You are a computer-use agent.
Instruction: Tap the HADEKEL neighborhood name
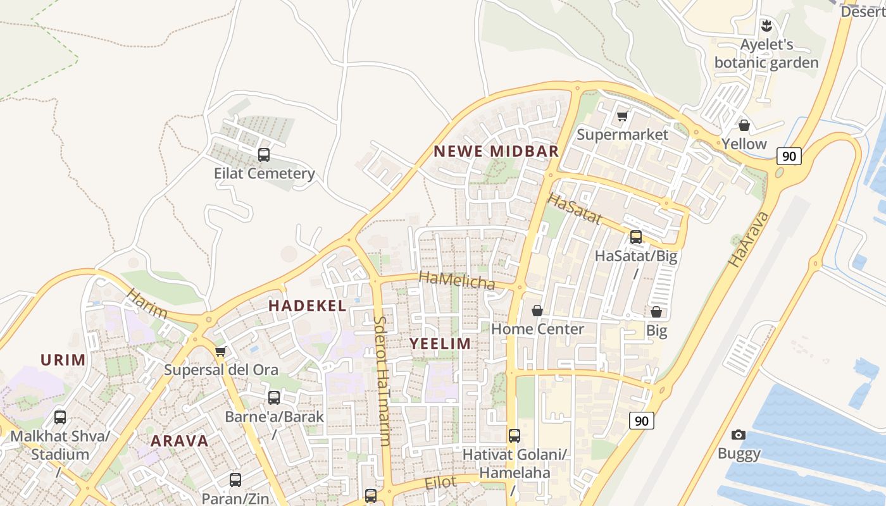click(x=308, y=305)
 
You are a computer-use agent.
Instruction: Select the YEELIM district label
click(x=440, y=343)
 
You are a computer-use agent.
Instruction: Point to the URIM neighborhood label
click(x=63, y=360)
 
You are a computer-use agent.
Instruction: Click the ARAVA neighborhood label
click(x=180, y=441)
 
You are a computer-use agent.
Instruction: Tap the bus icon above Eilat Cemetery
click(x=264, y=154)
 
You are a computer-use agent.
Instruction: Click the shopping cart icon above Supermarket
click(x=622, y=116)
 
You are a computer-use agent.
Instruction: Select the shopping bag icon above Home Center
click(x=537, y=311)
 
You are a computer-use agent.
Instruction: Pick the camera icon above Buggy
click(x=738, y=435)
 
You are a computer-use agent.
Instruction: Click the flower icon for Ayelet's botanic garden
click(x=766, y=26)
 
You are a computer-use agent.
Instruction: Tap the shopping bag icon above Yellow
click(x=744, y=125)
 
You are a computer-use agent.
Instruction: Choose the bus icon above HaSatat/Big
click(x=636, y=237)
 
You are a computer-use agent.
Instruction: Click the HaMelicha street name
click(x=457, y=280)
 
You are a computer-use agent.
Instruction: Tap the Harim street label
click(x=147, y=304)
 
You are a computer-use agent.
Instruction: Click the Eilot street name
click(x=440, y=483)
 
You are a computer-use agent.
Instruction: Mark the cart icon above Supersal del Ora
click(x=220, y=351)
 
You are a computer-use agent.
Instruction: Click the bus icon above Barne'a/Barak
click(x=274, y=398)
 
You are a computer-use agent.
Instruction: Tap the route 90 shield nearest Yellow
click(x=789, y=156)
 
